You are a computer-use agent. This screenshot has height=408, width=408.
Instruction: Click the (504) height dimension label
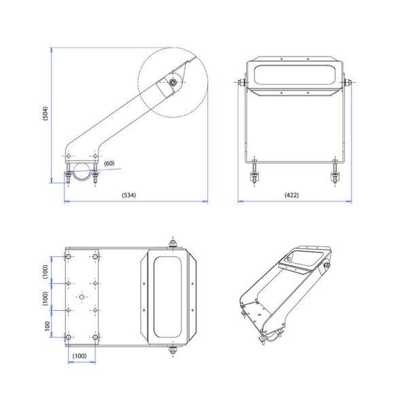click(x=46, y=113)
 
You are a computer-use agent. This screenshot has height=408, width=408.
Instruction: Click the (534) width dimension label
click(x=129, y=195)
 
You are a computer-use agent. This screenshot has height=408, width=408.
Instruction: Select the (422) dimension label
click(x=292, y=195)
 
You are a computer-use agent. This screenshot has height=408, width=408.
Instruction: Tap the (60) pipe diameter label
click(x=109, y=163)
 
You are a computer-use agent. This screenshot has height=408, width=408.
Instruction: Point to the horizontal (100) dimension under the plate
click(x=80, y=356)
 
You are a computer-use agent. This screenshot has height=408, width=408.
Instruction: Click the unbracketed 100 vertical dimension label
click(x=48, y=326)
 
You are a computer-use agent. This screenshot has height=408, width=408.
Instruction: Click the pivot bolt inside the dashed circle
click(x=172, y=82)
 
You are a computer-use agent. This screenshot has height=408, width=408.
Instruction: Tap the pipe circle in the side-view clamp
click(x=82, y=171)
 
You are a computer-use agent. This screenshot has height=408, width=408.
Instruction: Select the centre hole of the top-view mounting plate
click(x=82, y=296)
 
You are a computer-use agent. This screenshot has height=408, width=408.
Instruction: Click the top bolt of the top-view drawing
click(x=173, y=244)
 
